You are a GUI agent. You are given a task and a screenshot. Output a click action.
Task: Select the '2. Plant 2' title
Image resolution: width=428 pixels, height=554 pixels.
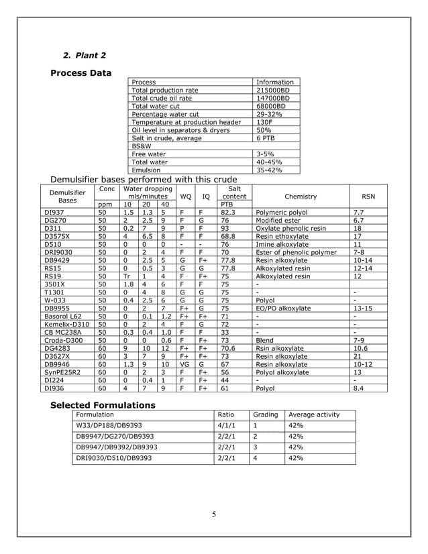(84, 55)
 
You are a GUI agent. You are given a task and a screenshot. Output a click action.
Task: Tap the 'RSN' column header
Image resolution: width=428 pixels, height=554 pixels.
(368, 197)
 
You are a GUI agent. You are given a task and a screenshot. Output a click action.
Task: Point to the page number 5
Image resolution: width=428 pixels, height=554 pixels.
(214, 514)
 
